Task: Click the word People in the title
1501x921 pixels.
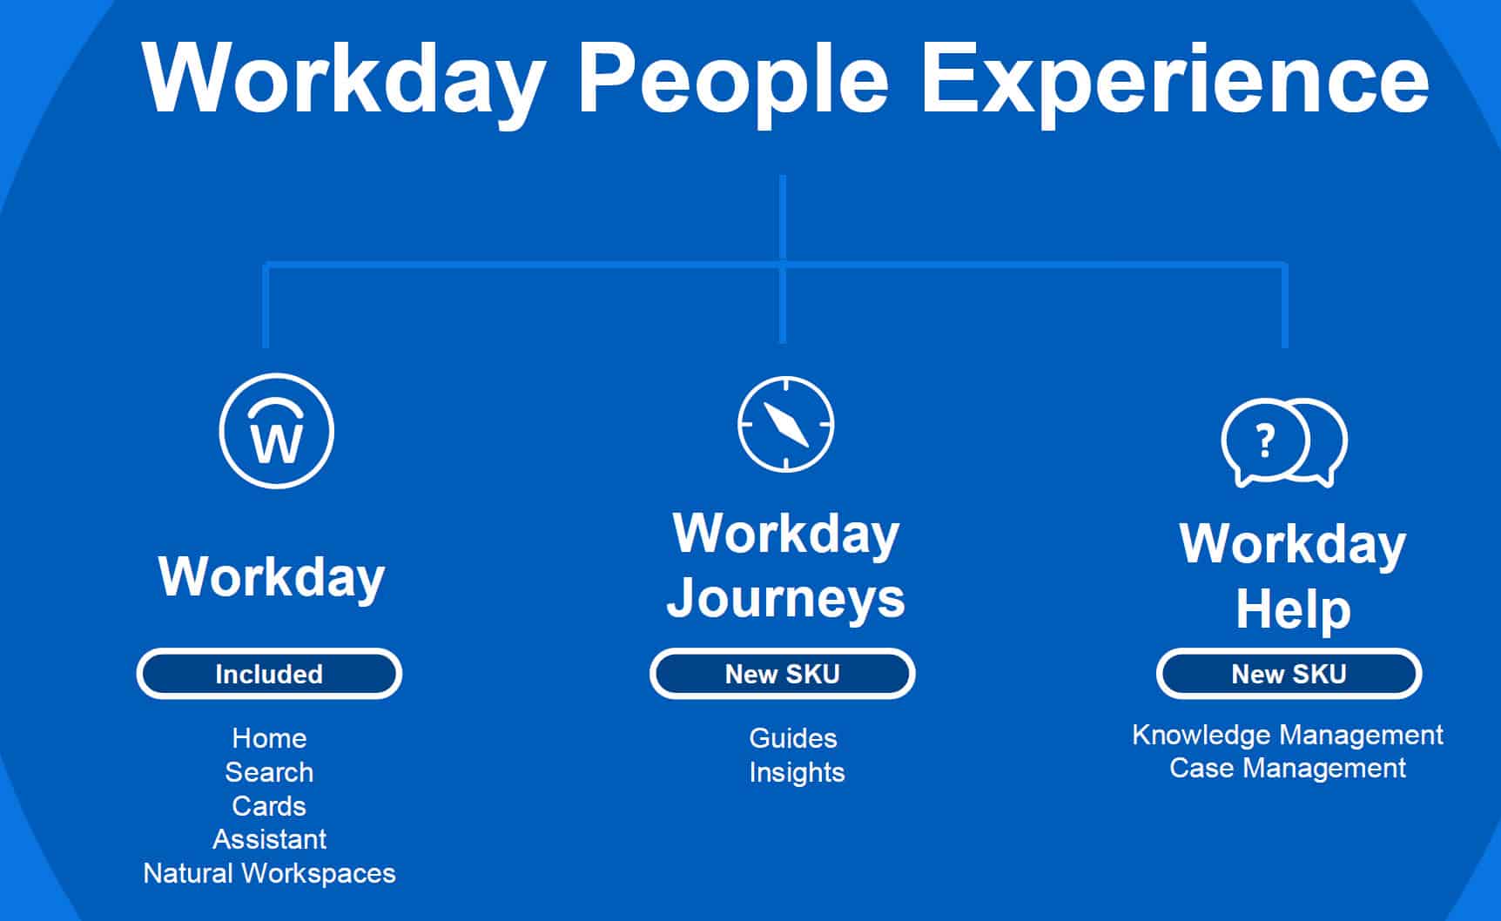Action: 732,80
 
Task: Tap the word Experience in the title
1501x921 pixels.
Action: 1175,80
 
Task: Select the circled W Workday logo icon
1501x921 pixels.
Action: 276,431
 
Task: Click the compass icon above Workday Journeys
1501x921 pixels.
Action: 785,425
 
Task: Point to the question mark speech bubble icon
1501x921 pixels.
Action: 1283,442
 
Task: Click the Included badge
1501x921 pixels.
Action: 269,674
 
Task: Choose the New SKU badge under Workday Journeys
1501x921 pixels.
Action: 782,674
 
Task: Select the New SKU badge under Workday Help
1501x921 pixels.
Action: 1289,674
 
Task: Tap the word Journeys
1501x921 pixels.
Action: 785,599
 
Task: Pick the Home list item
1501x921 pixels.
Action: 269,738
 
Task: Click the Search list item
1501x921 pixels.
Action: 269,772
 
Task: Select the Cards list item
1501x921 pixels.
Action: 269,806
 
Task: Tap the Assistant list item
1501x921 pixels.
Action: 269,839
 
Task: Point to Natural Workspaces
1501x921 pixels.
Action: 269,873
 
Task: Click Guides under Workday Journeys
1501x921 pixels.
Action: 792,738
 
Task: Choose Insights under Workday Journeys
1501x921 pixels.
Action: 797,772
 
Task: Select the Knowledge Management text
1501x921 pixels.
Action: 1287,735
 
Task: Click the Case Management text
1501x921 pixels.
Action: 1287,768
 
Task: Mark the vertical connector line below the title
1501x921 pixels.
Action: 783,218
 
